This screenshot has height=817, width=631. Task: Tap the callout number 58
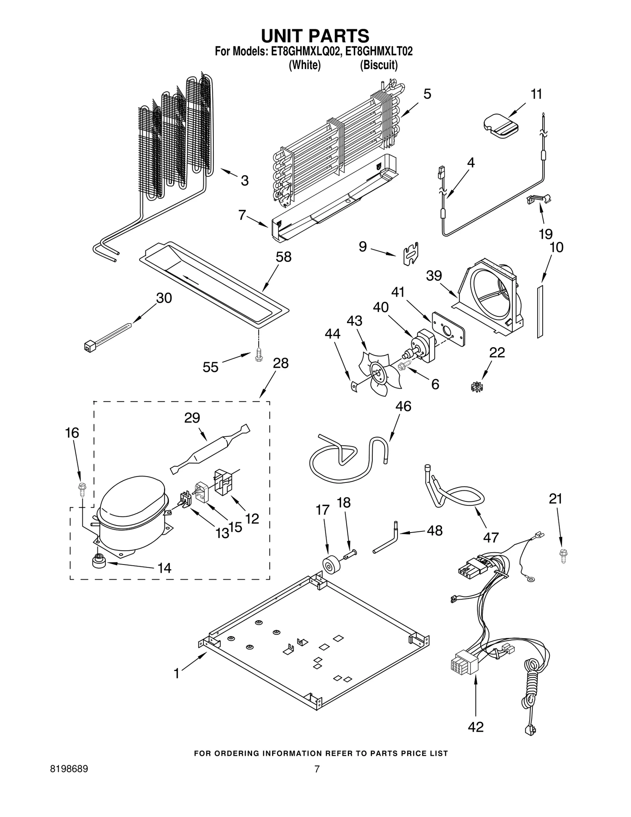283,257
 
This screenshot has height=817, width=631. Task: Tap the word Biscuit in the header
379,65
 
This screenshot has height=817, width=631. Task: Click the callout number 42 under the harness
475,727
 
